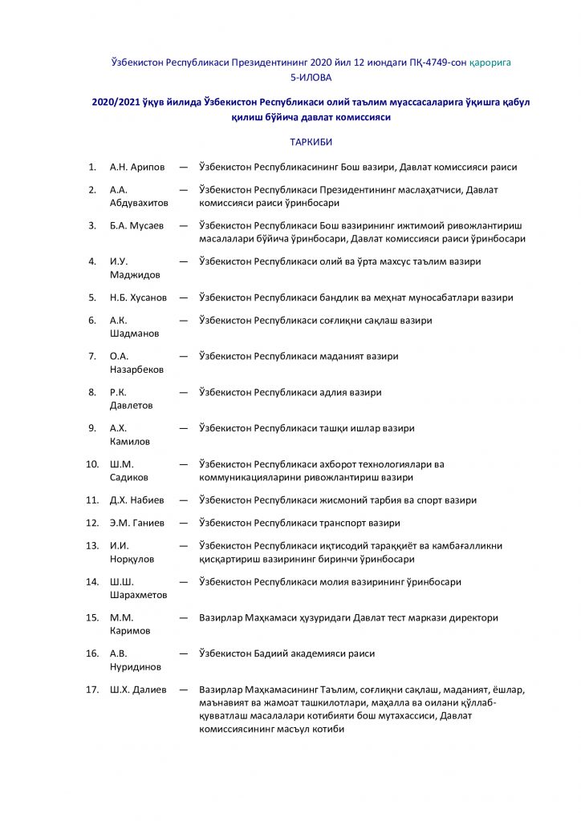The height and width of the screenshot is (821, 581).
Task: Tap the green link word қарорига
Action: [490, 62]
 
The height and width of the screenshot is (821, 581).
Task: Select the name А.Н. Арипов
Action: [137, 168]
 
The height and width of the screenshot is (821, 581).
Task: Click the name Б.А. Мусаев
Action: [136, 226]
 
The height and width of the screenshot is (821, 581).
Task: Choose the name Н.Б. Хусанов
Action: [138, 297]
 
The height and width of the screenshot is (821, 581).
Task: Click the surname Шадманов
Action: [133, 334]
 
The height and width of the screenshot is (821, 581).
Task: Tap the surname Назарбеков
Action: [136, 370]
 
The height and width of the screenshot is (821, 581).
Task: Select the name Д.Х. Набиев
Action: [136, 500]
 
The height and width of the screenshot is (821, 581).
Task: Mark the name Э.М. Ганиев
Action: [136, 524]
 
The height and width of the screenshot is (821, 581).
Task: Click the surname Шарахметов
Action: [138, 596]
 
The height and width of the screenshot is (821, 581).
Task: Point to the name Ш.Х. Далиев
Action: [137, 690]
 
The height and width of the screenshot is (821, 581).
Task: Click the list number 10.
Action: [92, 464]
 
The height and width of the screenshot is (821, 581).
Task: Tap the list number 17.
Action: [92, 690]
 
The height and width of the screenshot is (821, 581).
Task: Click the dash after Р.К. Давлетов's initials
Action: [184, 393]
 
